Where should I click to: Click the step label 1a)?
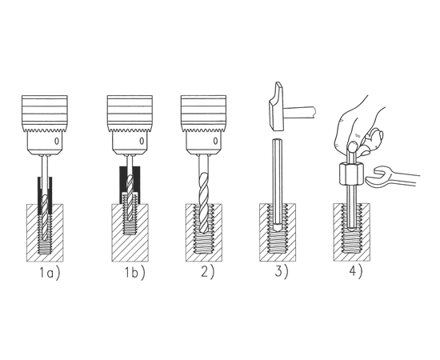(x=50, y=273)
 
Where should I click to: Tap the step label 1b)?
(x=135, y=273)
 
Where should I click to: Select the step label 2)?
(x=208, y=272)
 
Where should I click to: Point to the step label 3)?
(x=282, y=272)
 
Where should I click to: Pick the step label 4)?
(x=355, y=272)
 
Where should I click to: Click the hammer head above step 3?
(x=277, y=106)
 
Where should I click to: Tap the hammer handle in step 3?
(x=300, y=111)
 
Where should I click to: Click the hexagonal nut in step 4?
(x=351, y=174)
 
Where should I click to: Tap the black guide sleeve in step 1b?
(x=130, y=184)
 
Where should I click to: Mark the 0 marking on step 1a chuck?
(x=57, y=141)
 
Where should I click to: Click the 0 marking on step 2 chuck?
(x=215, y=141)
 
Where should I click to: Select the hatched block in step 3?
(x=278, y=233)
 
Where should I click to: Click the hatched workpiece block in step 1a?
(x=45, y=233)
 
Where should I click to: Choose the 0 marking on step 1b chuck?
(x=142, y=141)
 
